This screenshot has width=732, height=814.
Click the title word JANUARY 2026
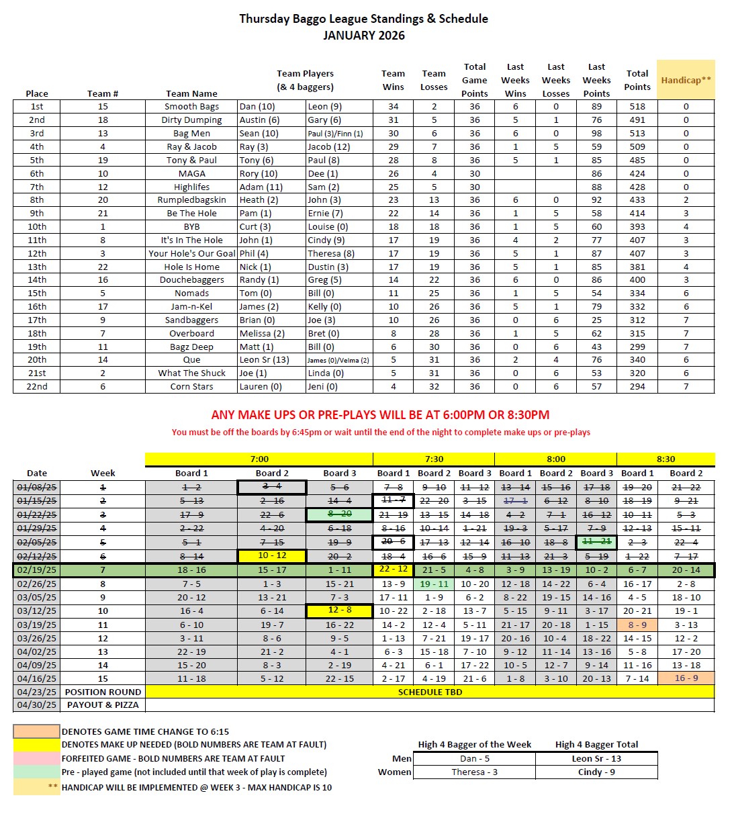pos(363,35)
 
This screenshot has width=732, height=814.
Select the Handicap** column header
pos(686,80)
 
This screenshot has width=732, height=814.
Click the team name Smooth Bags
pos(191,107)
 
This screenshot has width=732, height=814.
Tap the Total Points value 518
pos(637,107)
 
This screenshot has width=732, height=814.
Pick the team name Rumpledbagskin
pos(191,200)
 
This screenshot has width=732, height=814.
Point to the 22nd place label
pos(37,387)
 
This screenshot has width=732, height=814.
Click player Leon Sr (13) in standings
pos(264,360)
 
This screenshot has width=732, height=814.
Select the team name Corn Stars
pos(191,387)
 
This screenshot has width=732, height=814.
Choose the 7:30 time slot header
pos(434,459)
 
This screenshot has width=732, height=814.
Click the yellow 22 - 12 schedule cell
pos(394,570)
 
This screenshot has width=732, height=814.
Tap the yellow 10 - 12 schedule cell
pos(272,556)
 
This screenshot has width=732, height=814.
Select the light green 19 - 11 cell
pos(434,584)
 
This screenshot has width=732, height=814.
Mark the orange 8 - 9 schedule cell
pos(637,625)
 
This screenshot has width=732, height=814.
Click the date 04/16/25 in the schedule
pos(37,679)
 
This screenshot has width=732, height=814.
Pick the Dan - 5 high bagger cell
pos(474,759)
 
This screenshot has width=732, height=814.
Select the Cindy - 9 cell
pos(596,772)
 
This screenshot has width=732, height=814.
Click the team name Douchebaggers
pos(191,280)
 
